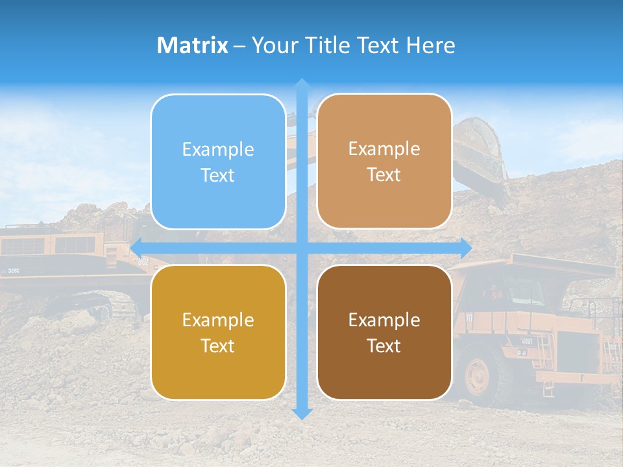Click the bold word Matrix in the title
(x=193, y=45)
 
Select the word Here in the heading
(x=431, y=45)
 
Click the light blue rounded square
(x=218, y=162)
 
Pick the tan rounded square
(x=384, y=161)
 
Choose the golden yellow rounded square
(x=218, y=332)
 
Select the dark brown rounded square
(x=384, y=332)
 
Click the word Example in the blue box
(x=218, y=149)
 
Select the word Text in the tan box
(x=384, y=174)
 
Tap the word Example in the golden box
(x=218, y=320)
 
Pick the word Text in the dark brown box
(x=384, y=346)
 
